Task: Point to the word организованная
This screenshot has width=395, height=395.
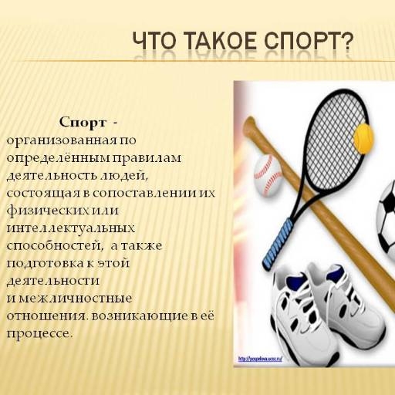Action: [54, 140]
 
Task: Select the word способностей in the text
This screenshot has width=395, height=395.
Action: [52, 246]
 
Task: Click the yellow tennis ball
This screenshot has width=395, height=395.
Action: [363, 140]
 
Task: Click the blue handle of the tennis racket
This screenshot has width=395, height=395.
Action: [270, 245]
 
